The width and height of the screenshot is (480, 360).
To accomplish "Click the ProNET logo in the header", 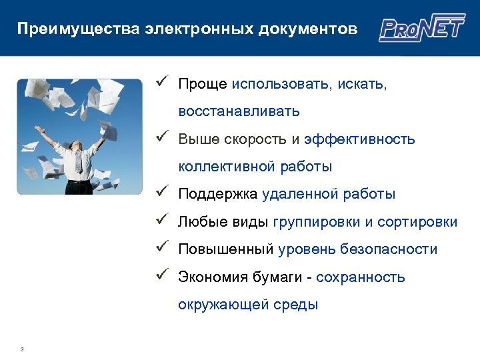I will pos(422,29).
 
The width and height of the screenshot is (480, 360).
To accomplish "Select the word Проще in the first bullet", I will pos(203,85).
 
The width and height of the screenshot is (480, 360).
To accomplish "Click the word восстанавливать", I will pos(239,111).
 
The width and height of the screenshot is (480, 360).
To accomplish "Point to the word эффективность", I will pos(359,139).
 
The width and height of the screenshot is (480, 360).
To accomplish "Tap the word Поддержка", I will pos(218,195).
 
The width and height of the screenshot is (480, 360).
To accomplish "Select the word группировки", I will pos(313,222).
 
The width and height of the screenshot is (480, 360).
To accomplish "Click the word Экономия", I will pos(215,277).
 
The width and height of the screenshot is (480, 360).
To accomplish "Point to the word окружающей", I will pos(223,305).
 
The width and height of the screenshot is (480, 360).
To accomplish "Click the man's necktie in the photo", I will pos(79,160).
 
